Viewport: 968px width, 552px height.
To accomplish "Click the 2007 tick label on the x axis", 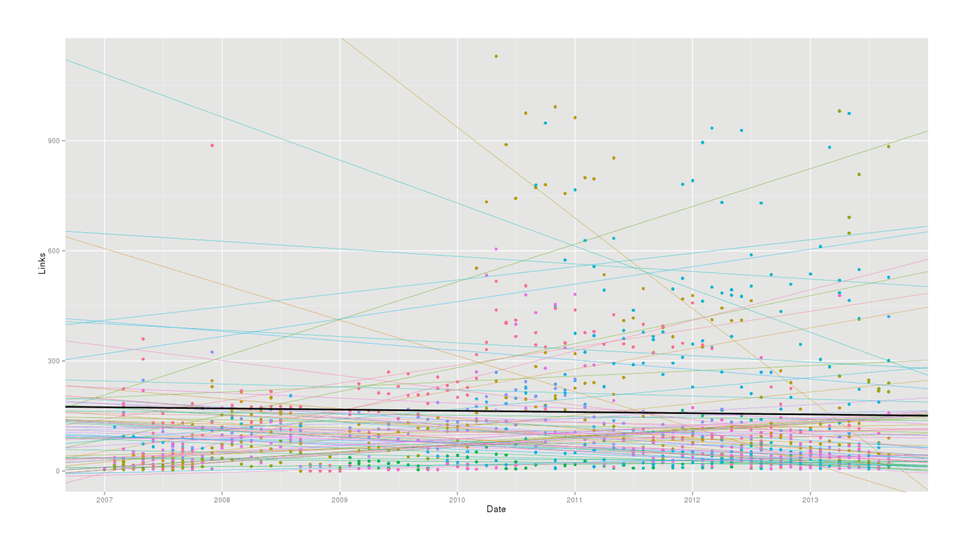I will click(x=104, y=500).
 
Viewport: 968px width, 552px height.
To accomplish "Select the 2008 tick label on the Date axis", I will click(x=222, y=500).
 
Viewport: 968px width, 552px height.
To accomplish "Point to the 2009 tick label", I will click(x=339, y=500).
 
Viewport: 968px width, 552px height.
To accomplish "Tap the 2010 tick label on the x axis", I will click(x=457, y=500).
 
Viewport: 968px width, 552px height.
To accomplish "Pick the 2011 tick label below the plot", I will click(x=574, y=500).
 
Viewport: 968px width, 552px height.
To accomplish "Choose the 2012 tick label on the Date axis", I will click(x=692, y=500).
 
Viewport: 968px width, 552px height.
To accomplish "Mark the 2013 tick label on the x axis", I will click(x=810, y=500).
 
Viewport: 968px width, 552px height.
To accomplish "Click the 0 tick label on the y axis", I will click(x=57, y=471).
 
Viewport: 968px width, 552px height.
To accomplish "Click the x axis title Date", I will click(x=496, y=509).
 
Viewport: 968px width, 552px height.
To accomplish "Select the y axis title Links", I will click(x=42, y=263).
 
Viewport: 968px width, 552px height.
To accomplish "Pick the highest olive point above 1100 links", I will click(x=496, y=56).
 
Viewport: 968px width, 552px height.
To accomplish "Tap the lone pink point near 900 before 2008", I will click(x=212, y=145).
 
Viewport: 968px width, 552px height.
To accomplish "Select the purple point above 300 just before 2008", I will click(x=212, y=352).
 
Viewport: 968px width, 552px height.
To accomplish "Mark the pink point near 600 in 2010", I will click(x=496, y=249).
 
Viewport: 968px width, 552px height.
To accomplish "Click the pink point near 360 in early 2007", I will click(x=143, y=339).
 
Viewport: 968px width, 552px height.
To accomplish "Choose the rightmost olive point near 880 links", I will click(x=888, y=146).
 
